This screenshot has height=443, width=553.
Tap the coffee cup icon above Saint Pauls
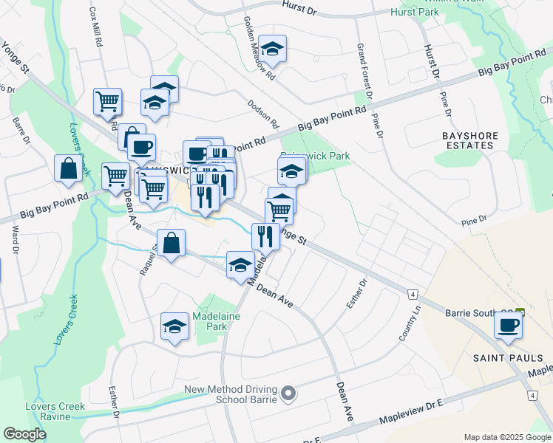point(507,326)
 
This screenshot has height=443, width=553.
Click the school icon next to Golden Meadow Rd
point(272,49)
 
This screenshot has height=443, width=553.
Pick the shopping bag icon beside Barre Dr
point(68,168)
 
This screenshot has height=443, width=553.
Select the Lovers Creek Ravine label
point(55,412)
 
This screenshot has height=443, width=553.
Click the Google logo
point(25,434)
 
